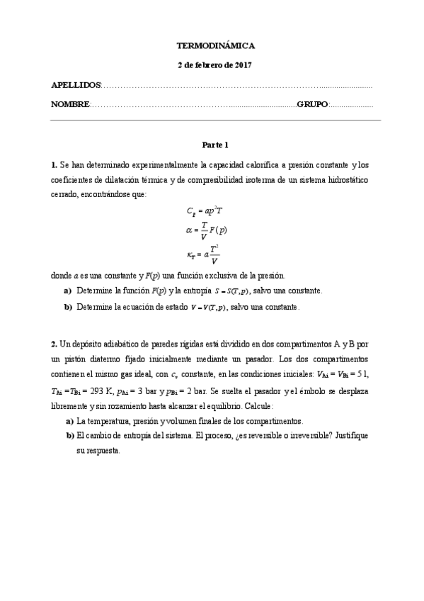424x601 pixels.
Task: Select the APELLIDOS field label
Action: coord(76,85)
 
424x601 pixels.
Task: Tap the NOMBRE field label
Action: coord(70,104)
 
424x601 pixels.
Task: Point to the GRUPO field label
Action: coord(312,104)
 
